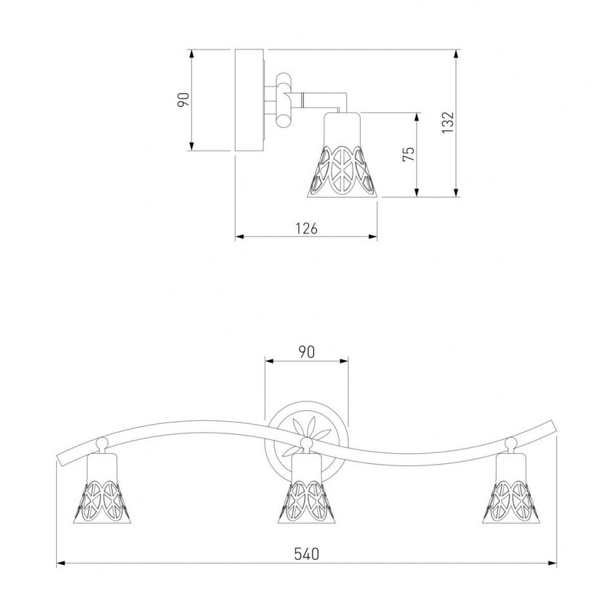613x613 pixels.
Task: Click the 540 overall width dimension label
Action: coord(306,554)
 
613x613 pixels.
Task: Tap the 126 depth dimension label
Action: coord(306,228)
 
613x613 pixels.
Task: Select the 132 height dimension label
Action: coord(447,123)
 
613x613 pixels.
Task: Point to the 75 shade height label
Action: coord(408,154)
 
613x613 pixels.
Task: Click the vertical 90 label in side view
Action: coord(183,100)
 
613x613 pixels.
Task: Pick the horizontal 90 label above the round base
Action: coord(306,352)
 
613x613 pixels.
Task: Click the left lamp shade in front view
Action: coord(102,489)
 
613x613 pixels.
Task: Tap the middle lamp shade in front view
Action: coord(307,489)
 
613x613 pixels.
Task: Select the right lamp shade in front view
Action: coord(511,489)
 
